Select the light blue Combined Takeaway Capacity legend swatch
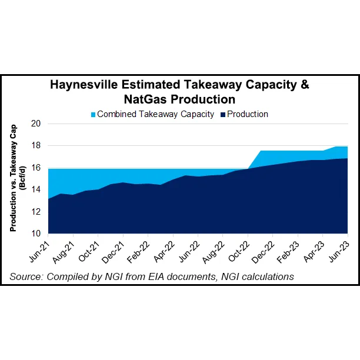coord(92,115)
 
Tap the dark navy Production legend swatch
coord(222,115)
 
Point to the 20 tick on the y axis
coord(36,124)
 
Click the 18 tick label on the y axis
coord(36,146)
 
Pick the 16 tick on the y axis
coord(36,168)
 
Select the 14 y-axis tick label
coord(36,189)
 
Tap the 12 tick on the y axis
coord(36,212)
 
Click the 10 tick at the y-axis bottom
coord(36,234)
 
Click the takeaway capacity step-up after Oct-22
coord(254,159)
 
